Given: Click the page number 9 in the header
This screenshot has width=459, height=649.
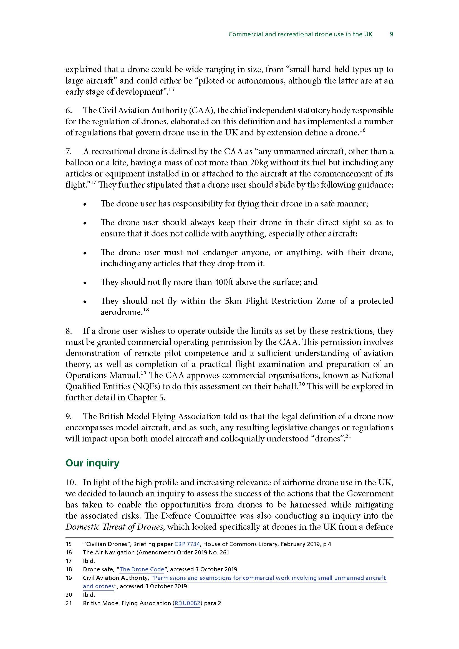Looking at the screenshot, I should [x=391, y=34].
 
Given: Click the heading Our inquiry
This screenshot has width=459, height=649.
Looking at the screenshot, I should [x=92, y=463].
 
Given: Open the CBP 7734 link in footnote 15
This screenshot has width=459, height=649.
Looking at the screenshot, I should [x=187, y=544].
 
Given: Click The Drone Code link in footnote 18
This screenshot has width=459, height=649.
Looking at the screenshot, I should [x=142, y=569].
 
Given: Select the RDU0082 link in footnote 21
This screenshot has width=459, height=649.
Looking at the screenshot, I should [x=187, y=603].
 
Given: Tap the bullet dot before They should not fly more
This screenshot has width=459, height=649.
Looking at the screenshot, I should [x=85, y=283].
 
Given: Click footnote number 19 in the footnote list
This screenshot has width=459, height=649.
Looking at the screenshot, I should [x=69, y=578].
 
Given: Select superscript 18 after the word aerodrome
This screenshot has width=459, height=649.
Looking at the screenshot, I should [x=146, y=310].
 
